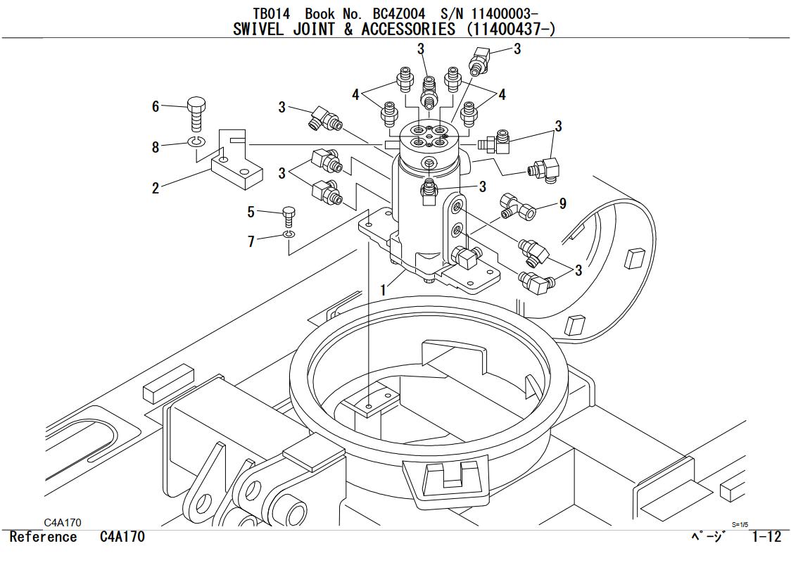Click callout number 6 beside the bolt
click(156, 106)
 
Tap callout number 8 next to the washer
click(156, 147)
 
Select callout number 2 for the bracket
click(156, 188)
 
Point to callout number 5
click(251, 212)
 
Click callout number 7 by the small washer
click(251, 241)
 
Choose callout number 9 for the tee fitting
click(562, 203)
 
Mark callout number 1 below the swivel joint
click(384, 289)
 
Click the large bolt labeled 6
click(196, 113)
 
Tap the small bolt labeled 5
click(288, 214)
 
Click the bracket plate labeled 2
click(236, 172)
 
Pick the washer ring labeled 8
click(196, 143)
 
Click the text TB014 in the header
click(271, 13)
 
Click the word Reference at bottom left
click(44, 537)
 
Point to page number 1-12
click(766, 537)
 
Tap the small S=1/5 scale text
click(740, 524)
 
